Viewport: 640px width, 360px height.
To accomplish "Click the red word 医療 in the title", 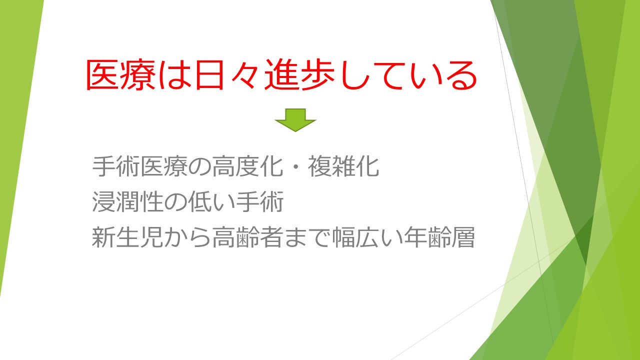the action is pos(121,75).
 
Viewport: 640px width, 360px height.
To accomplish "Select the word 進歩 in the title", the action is pos(299,75).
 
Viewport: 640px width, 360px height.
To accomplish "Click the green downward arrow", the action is pos(295,120).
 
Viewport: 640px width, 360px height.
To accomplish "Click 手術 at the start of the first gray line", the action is pos(115,166).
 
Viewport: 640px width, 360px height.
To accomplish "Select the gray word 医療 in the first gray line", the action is pos(163,166).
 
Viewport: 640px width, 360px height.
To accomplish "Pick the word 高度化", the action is pos(247,166).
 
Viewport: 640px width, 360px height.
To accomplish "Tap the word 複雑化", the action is pos(343,166).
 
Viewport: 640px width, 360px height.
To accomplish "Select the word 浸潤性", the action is pos(127,201).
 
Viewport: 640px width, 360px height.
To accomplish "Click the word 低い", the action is pos(211,201).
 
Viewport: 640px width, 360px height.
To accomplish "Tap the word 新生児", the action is pos(127,237).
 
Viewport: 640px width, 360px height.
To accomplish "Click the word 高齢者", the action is pos(247,237).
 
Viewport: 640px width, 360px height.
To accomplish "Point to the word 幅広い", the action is pos(367,237).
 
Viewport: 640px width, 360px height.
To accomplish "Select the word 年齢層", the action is pos(439,237).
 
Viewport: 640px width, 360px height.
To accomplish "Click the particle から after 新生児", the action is pos(187,237).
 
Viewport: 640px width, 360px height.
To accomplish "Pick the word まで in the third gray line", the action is pos(307,237).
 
